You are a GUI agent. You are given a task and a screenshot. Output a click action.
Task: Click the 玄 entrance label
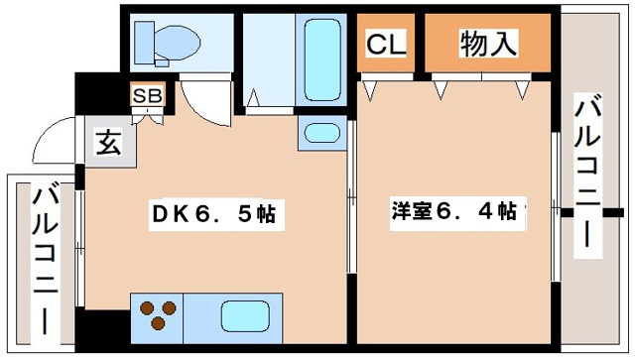(107, 143)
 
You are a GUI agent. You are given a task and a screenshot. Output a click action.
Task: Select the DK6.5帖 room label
(212, 213)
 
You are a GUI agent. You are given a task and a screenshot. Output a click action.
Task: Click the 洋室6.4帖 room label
(451, 211)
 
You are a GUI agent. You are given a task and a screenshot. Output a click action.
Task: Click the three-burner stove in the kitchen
(158, 314)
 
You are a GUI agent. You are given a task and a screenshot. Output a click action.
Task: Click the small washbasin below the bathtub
(320, 133)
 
